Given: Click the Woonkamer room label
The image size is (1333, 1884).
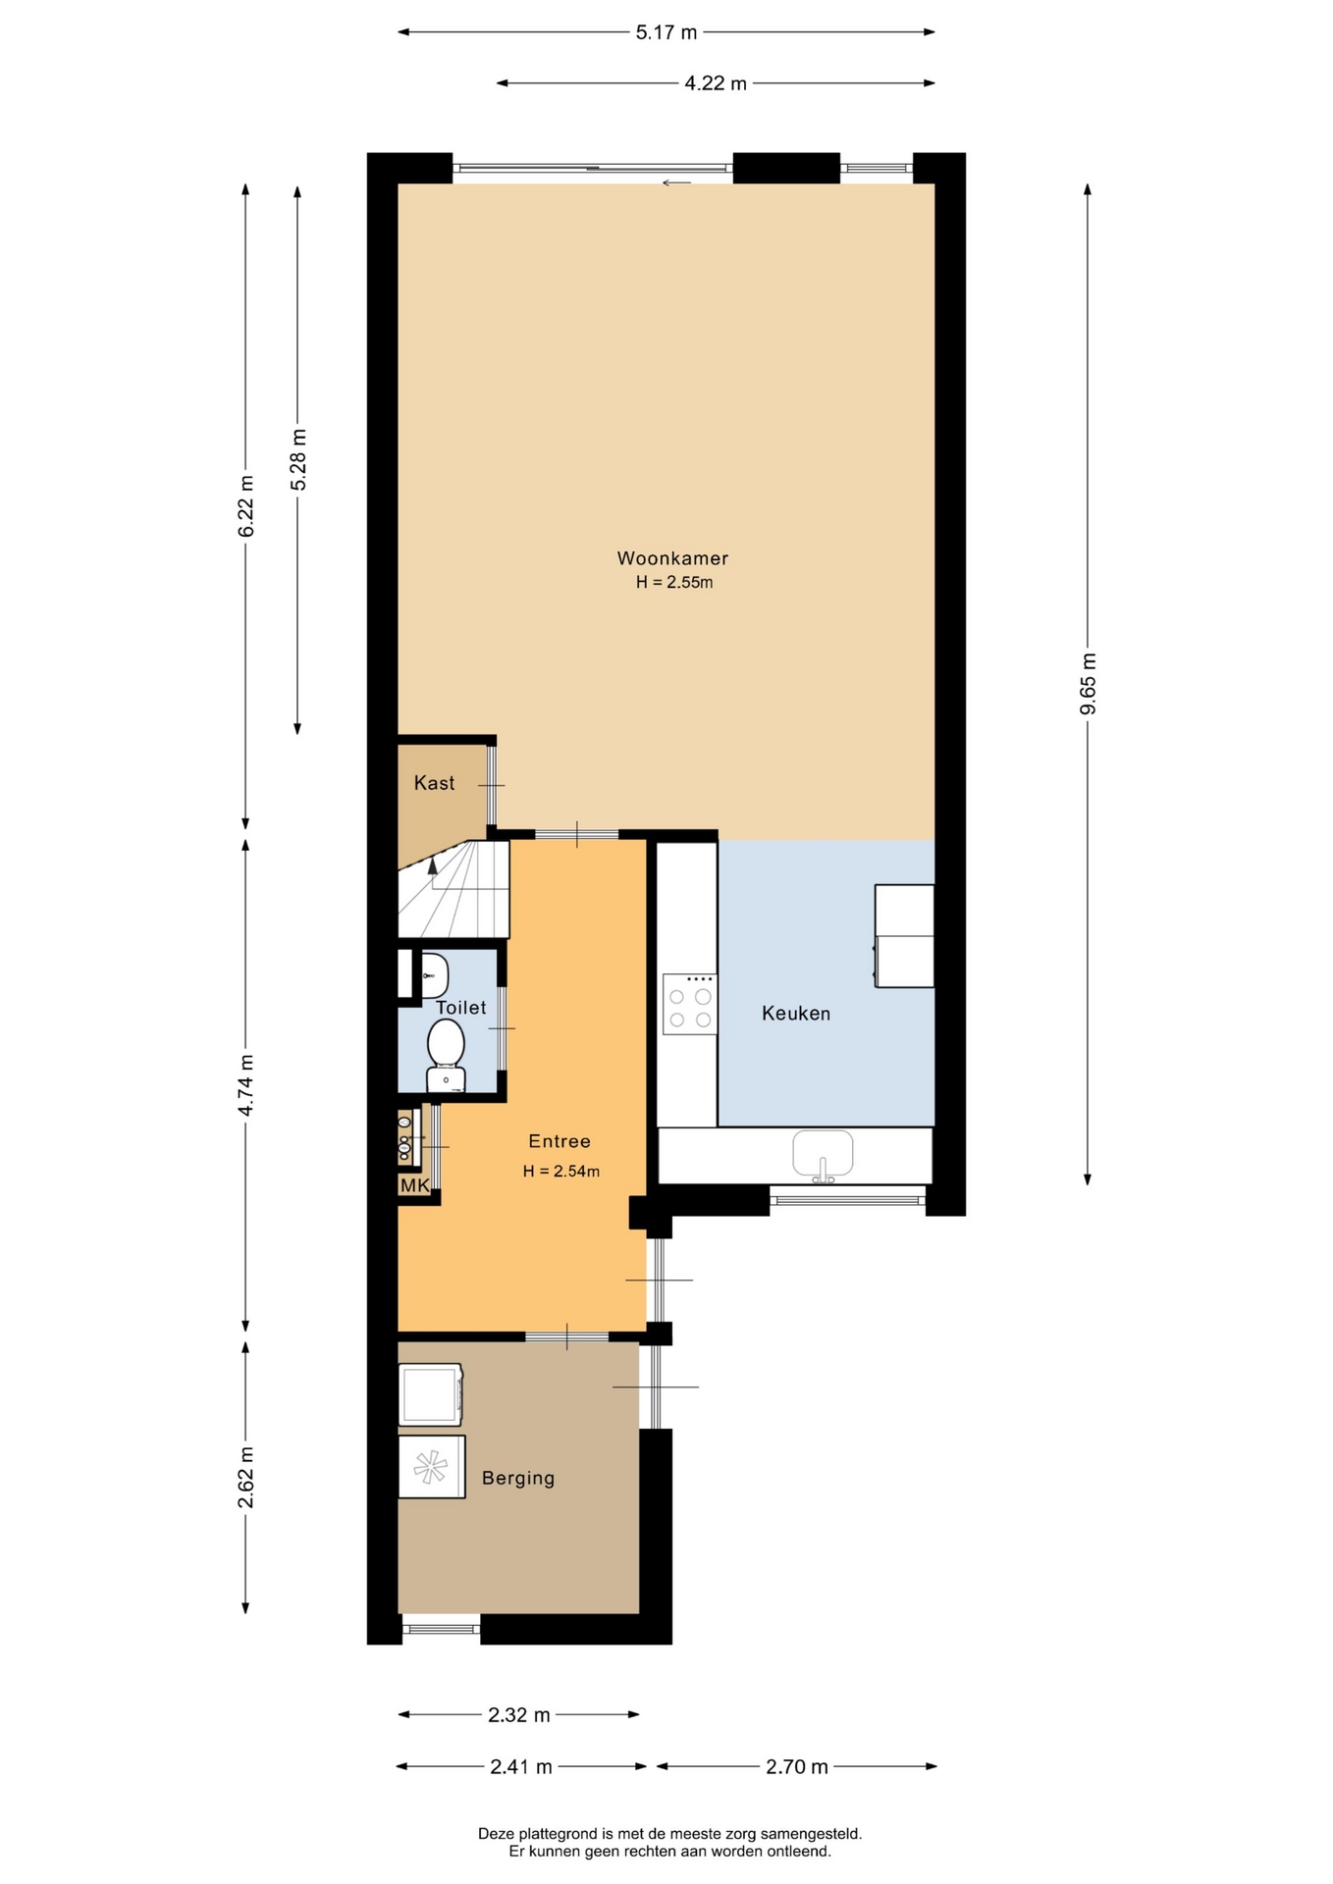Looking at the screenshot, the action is click(x=672, y=558).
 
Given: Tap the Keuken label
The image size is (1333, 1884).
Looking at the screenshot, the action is click(x=796, y=1014).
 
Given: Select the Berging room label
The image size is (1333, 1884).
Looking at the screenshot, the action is click(x=518, y=1478).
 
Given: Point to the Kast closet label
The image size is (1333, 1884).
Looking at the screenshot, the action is click(x=434, y=783).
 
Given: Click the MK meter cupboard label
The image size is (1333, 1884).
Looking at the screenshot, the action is click(x=414, y=1185).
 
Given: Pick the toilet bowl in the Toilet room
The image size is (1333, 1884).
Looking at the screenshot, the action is click(x=447, y=1054).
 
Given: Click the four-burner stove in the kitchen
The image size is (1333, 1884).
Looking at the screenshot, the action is click(x=689, y=1004).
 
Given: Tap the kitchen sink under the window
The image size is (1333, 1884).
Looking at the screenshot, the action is click(x=824, y=1155).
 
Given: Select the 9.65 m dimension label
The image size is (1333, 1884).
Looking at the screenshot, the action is click(x=1088, y=684).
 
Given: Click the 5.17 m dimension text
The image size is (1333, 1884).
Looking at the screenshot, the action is click(x=666, y=32).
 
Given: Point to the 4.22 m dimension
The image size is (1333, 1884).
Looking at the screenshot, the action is click(x=716, y=83).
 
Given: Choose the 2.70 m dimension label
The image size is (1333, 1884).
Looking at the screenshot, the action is click(x=797, y=1767).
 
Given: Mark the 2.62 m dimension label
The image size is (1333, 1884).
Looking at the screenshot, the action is click(x=246, y=1478).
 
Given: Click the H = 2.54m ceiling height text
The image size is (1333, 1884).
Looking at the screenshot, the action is click(x=561, y=1171).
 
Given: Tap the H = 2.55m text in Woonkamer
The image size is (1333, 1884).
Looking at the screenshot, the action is click(x=674, y=582).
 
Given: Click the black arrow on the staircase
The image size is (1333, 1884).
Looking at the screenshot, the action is click(x=432, y=864).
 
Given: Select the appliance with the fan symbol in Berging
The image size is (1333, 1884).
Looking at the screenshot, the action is click(x=431, y=1467).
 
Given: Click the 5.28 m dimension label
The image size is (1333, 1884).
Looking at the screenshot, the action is click(x=298, y=460).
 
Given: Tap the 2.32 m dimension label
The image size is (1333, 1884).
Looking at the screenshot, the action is click(x=519, y=1715).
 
